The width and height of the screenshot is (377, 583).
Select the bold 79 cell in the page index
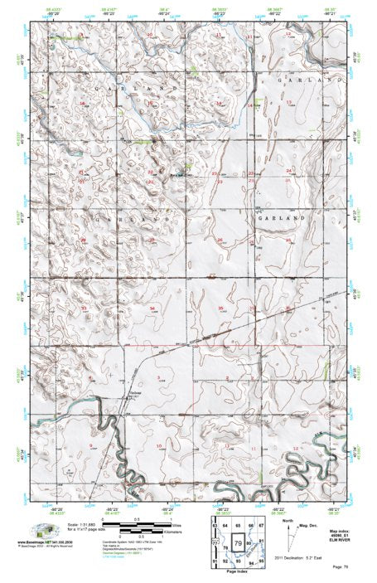239,543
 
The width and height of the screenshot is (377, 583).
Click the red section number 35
220,308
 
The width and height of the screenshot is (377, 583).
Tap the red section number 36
288,308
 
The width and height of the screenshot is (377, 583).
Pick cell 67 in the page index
261,525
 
